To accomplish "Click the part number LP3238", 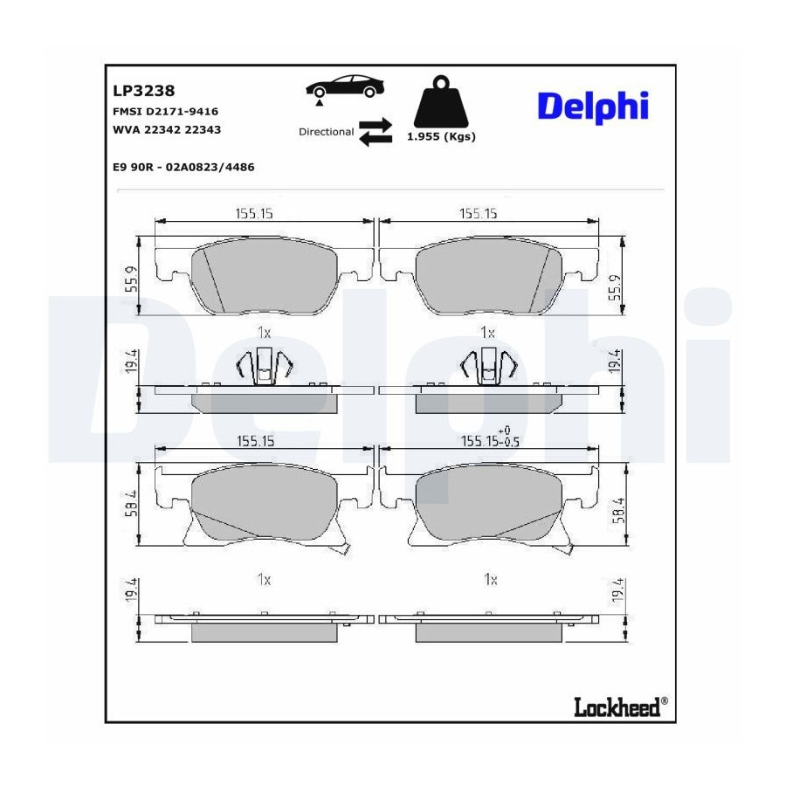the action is pyautogui.click(x=143, y=91).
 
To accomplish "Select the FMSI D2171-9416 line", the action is pyautogui.click(x=165, y=111).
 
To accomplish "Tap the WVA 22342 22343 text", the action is pyautogui.click(x=167, y=130).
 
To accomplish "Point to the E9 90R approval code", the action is pyautogui.click(x=183, y=167).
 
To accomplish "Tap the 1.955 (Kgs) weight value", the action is pyautogui.click(x=441, y=137).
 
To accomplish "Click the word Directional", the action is pyautogui.click(x=326, y=132).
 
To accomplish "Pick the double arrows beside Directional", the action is pyautogui.click(x=376, y=132).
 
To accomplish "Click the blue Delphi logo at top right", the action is pyautogui.click(x=593, y=107).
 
